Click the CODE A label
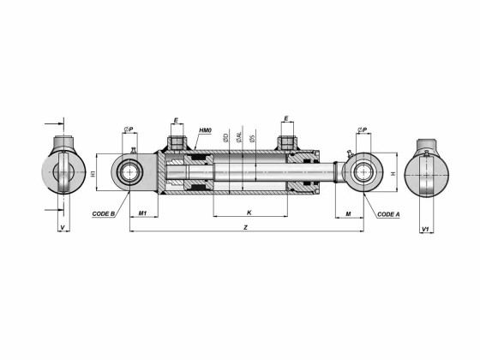tap(388, 213)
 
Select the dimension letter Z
tap(246, 228)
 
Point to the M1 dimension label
tap(143, 213)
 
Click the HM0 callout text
tap(205, 130)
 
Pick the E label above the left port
tap(177, 121)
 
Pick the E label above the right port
tap(286, 121)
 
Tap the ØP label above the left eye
tap(128, 129)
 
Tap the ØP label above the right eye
tap(363, 129)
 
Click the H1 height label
tap(92, 173)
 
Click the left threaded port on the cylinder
tap(177, 142)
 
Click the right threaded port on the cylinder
tap(286, 142)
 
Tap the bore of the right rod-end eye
tap(363, 172)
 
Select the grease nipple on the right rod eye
tap(348, 153)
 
